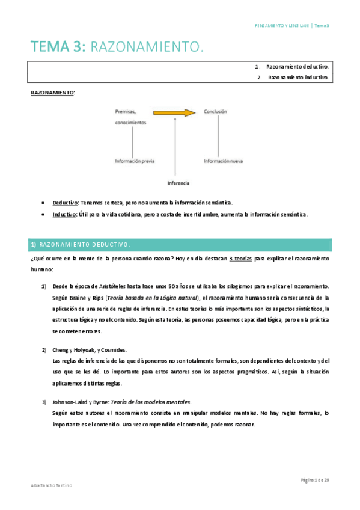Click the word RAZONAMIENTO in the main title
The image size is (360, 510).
pyautogui.click(x=145, y=46)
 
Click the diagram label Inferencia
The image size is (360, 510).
pyautogui.click(x=178, y=182)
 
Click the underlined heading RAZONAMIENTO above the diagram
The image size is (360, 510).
pyautogui.click(x=52, y=93)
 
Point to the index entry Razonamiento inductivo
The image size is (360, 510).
pyautogui.click(x=298, y=78)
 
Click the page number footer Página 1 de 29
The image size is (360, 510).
pyautogui.click(x=315, y=479)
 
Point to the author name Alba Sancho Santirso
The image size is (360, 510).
pyautogui.click(x=51, y=486)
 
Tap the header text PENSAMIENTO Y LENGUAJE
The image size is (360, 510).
pyautogui.click(x=282, y=26)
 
